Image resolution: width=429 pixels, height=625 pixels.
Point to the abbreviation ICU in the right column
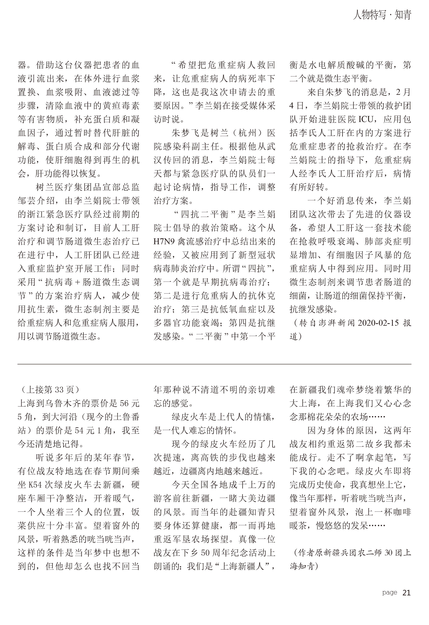click(x=366, y=119)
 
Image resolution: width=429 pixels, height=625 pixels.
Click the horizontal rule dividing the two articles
click(x=214, y=364)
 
